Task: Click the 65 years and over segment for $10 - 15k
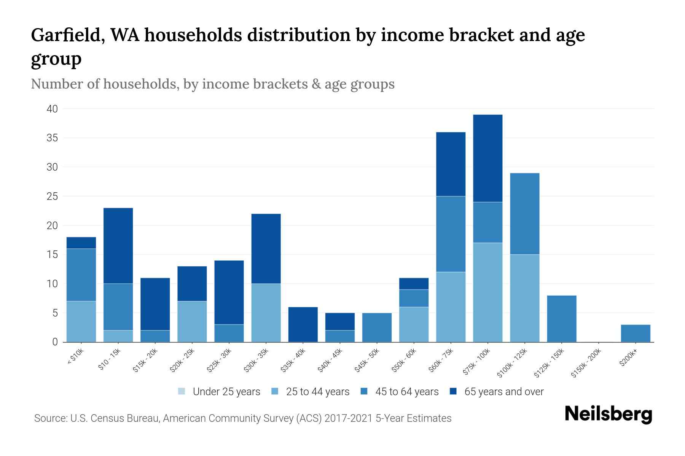118,245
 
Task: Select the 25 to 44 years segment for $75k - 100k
487,292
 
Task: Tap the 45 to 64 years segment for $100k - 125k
525,214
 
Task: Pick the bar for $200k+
636,333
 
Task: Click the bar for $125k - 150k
562,318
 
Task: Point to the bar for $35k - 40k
303,325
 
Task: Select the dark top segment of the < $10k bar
81,243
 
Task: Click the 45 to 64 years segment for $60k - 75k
451,234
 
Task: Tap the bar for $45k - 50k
377,327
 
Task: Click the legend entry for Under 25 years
219,391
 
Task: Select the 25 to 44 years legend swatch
275,391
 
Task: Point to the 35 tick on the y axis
52,138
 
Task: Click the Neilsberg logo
608,414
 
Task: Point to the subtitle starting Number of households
212,84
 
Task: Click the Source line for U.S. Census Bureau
242,418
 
